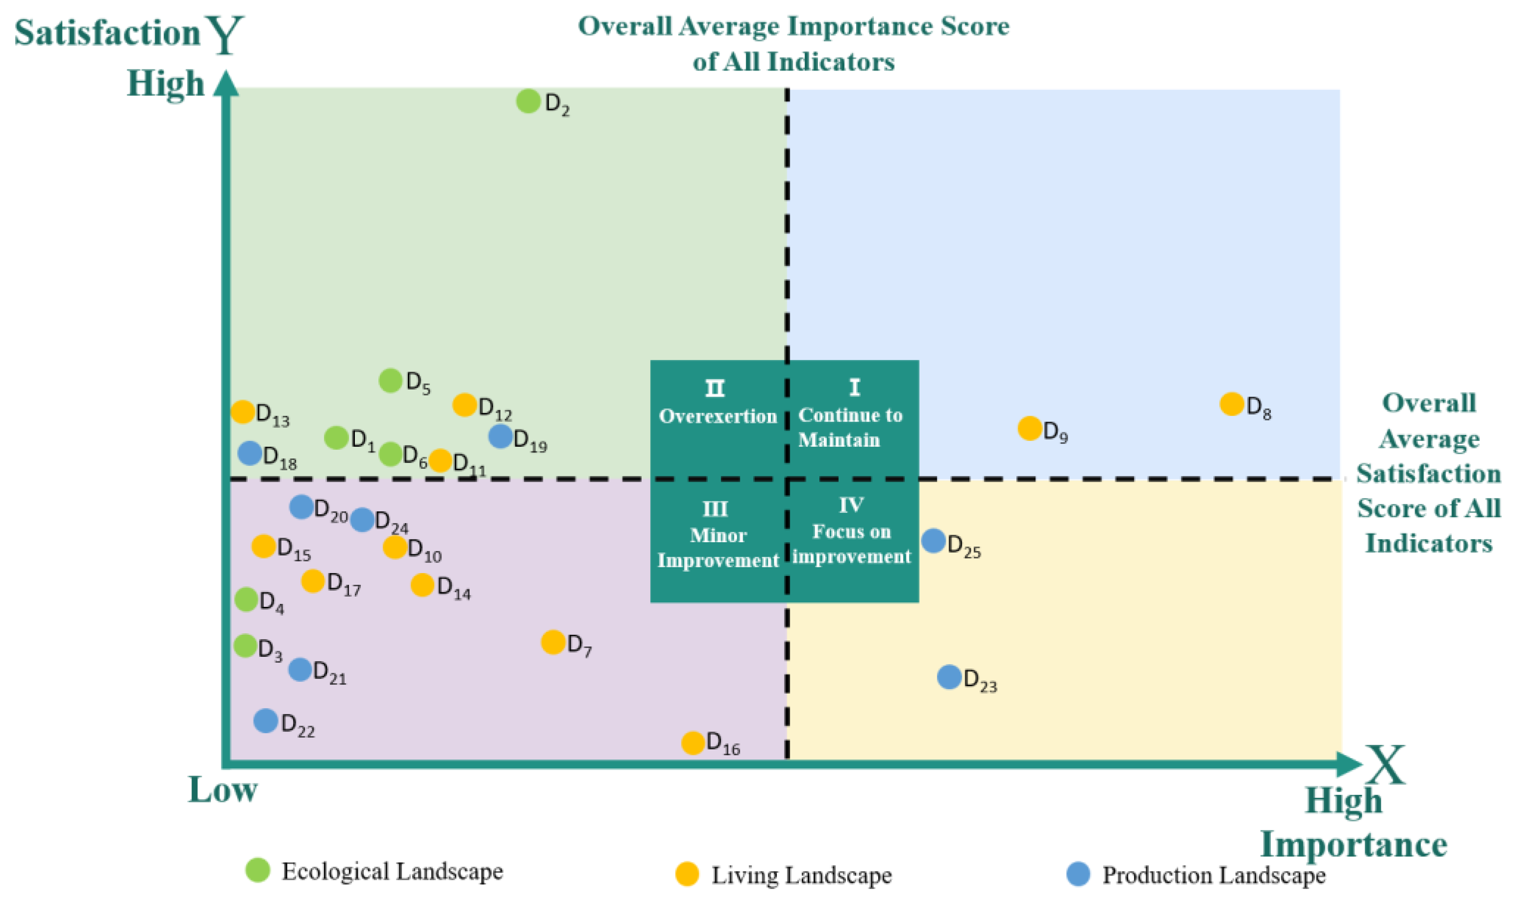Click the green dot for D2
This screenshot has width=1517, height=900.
528,101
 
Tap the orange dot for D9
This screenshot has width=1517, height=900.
1029,428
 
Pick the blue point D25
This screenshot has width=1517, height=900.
934,540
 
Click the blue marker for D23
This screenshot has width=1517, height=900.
949,677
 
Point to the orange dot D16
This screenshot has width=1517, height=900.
693,742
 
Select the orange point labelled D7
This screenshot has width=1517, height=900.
553,642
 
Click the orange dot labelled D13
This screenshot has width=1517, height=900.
243,412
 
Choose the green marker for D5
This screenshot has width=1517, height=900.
391,380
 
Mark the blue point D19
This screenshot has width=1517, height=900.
500,436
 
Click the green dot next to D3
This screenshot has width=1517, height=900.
245,646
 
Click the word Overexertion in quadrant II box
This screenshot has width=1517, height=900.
718,416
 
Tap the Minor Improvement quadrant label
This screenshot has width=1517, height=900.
718,547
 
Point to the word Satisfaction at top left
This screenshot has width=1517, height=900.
107,33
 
